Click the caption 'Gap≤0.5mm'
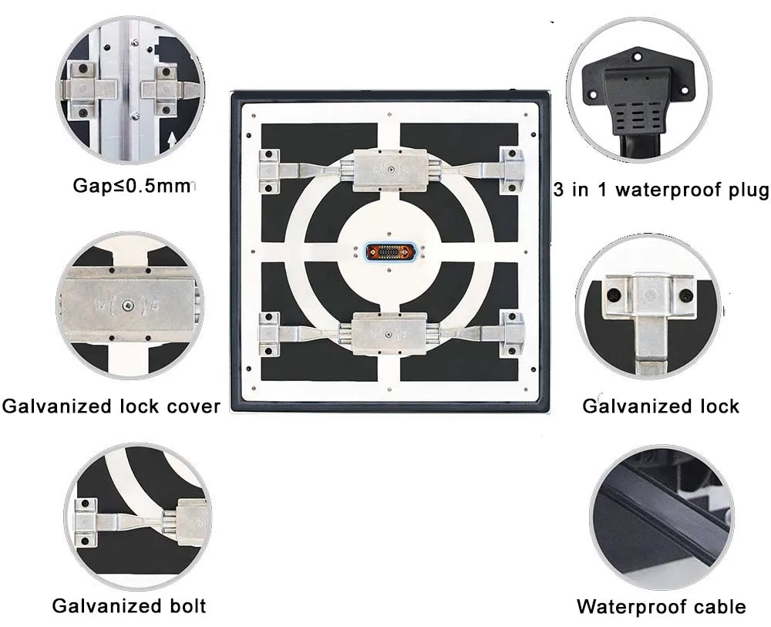[131, 185]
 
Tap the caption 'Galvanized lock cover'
[111, 406]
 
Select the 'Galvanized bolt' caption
[129, 605]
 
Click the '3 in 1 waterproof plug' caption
[662, 190]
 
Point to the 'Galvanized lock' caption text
[660, 406]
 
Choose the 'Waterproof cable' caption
[661, 607]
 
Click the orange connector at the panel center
[389, 252]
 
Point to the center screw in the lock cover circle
[145, 308]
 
